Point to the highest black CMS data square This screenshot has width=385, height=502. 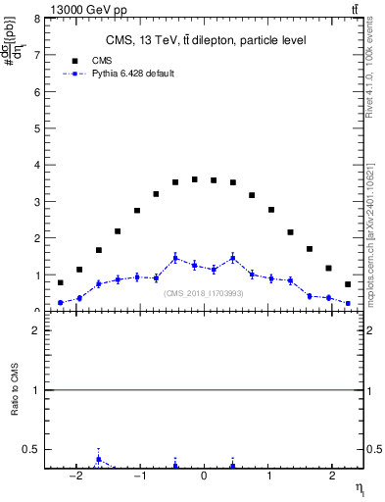(195, 179)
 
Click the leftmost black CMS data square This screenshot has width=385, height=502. (61, 282)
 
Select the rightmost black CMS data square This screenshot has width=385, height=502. (348, 284)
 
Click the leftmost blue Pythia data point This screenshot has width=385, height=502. (61, 303)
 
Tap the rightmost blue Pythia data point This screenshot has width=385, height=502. (348, 303)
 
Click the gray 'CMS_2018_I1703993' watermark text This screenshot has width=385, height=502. (203, 293)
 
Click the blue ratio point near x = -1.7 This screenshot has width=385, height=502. (99, 459)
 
